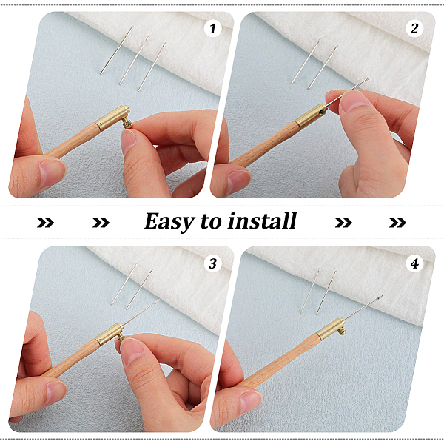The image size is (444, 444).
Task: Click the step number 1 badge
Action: point(212,29)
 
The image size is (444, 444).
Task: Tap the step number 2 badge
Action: point(414,29)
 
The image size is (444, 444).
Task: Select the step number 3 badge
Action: point(212,263)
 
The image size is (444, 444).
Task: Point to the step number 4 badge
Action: point(414,263)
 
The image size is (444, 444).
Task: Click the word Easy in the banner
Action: point(169,222)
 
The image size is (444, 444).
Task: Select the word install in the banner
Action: point(262,221)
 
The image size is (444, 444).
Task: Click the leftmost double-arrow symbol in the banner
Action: point(45,223)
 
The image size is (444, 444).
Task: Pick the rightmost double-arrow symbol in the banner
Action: point(397,223)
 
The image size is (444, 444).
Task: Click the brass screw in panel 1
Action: point(127,124)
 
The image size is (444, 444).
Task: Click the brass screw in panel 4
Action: point(343,331)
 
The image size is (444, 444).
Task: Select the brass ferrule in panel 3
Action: point(109,334)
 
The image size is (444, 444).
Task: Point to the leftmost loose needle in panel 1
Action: point(117,50)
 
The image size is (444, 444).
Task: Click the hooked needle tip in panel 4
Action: point(380,297)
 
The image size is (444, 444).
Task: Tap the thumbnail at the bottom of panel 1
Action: point(51,174)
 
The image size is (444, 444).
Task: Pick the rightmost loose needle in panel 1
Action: point(152,67)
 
